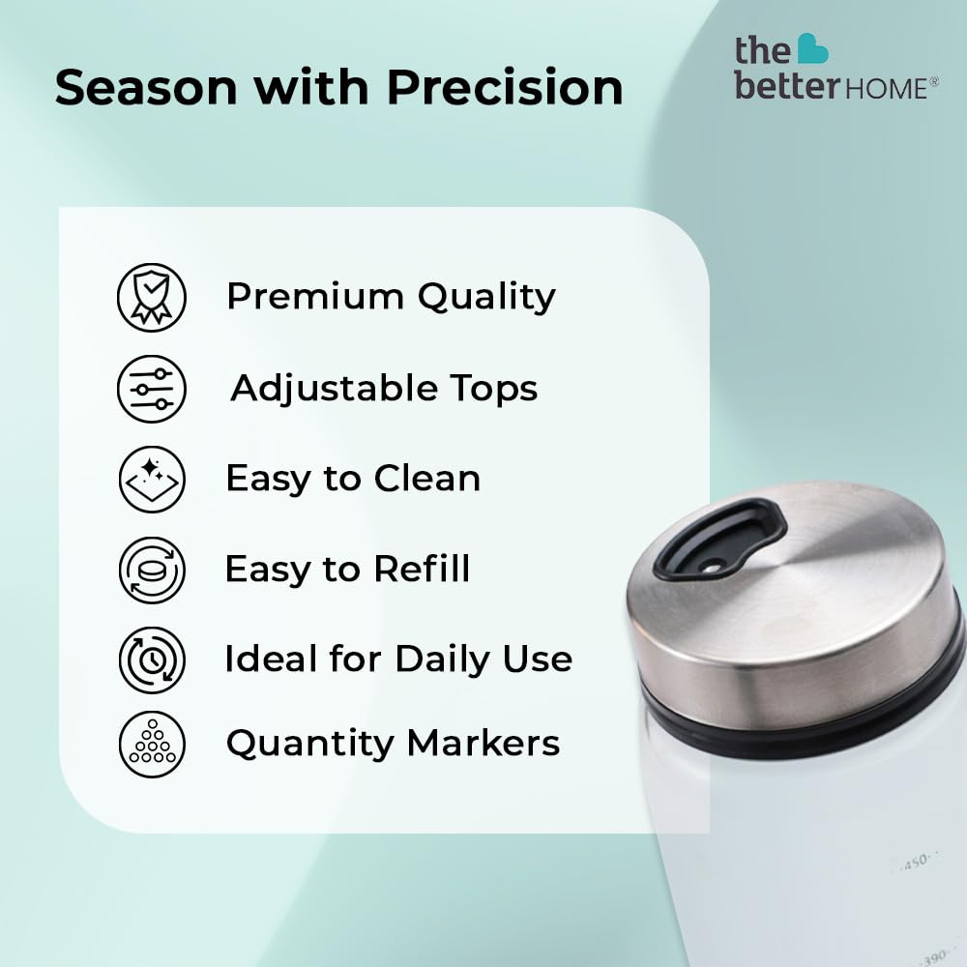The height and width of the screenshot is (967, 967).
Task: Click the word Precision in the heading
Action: pos(505,87)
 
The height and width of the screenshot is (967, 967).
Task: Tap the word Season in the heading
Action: pos(146,87)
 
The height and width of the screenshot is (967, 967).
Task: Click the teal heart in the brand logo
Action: pos(812,48)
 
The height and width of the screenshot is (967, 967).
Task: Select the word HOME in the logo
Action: pos(885,89)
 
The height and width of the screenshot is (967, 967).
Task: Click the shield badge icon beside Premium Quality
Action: pos(152,297)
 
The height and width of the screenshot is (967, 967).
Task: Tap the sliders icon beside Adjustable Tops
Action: pos(152,389)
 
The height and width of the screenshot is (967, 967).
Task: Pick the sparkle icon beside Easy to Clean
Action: pos(152,480)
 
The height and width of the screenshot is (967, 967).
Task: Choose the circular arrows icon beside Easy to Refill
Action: pos(152,570)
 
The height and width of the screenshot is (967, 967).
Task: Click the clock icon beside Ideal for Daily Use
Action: pos(152,659)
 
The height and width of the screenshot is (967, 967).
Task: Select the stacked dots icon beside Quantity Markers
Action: pos(152,744)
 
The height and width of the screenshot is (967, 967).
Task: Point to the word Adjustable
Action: pos(334,390)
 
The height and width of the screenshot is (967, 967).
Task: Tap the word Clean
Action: pos(427,479)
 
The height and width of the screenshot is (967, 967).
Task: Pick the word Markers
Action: pos(483,743)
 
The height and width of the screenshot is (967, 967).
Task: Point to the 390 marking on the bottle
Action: pos(934,956)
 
